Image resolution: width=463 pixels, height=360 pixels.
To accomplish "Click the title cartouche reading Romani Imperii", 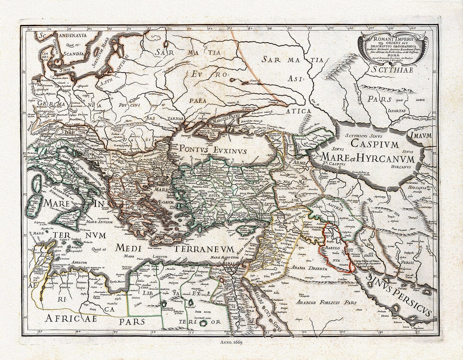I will click(x=393, y=47).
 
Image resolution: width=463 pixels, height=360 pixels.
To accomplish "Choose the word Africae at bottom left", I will click(x=71, y=318).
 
